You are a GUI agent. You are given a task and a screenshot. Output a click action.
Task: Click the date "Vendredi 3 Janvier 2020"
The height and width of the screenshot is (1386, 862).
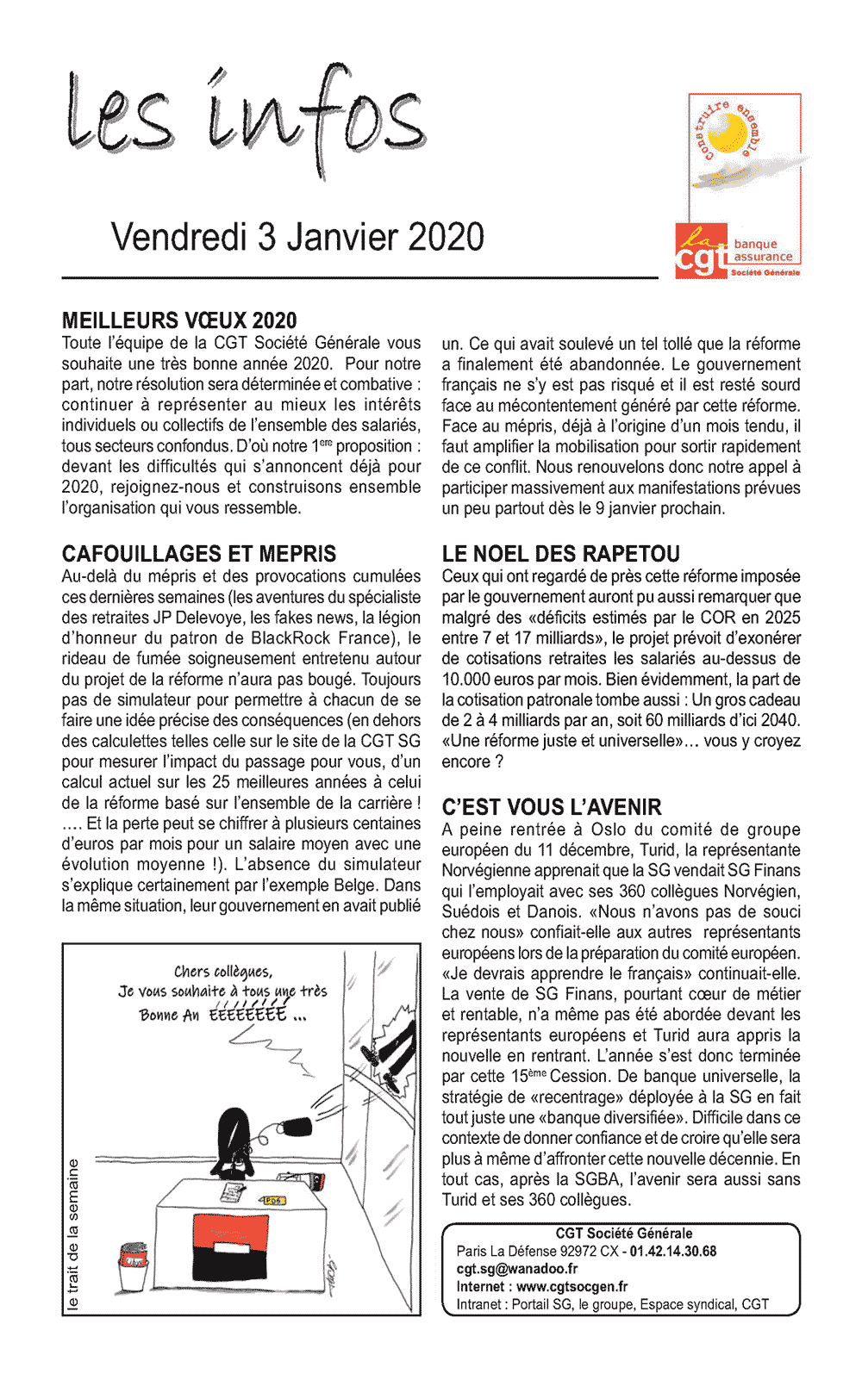point(297,238)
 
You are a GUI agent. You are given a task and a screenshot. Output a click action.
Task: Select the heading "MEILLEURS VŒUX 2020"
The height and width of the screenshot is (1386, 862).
point(179,321)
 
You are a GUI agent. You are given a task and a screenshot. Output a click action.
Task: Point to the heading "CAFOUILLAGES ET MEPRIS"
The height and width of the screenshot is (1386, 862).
point(199,554)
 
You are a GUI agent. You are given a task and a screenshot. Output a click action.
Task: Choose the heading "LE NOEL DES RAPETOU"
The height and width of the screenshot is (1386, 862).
point(561,554)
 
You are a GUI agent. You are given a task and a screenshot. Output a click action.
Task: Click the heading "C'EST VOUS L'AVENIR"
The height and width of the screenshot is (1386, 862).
point(552,807)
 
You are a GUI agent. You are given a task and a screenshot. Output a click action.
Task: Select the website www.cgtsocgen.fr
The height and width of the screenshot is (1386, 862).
point(572,1287)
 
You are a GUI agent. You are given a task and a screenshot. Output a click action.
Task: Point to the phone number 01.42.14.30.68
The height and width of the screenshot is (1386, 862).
point(673,1251)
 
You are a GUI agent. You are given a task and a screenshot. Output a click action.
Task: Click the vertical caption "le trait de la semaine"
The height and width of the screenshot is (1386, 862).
point(73,1235)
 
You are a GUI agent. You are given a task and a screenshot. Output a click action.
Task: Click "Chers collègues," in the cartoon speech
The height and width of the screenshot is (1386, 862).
point(223,972)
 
